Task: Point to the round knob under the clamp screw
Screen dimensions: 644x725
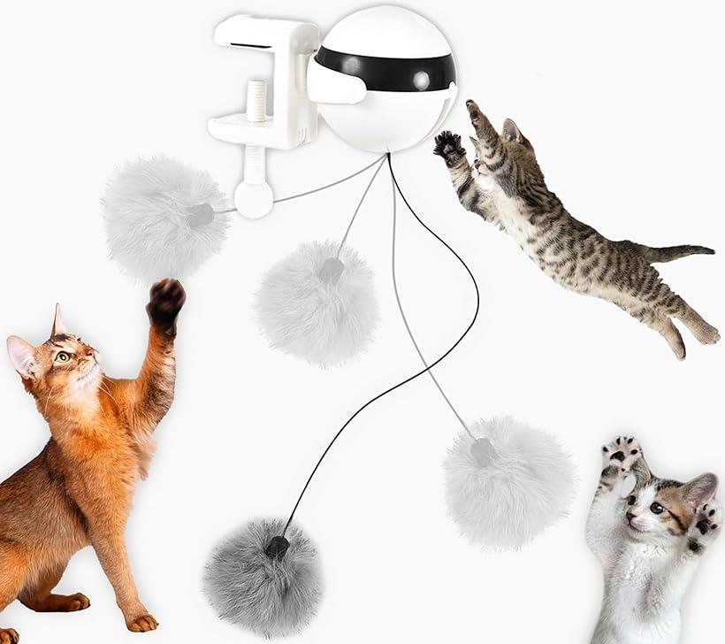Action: pos(254,200)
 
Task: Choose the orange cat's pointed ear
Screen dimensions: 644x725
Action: pos(58,320)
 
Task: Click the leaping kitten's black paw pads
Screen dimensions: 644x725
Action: pos(449,143)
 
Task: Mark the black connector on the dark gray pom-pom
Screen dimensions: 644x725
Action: pos(278,547)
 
